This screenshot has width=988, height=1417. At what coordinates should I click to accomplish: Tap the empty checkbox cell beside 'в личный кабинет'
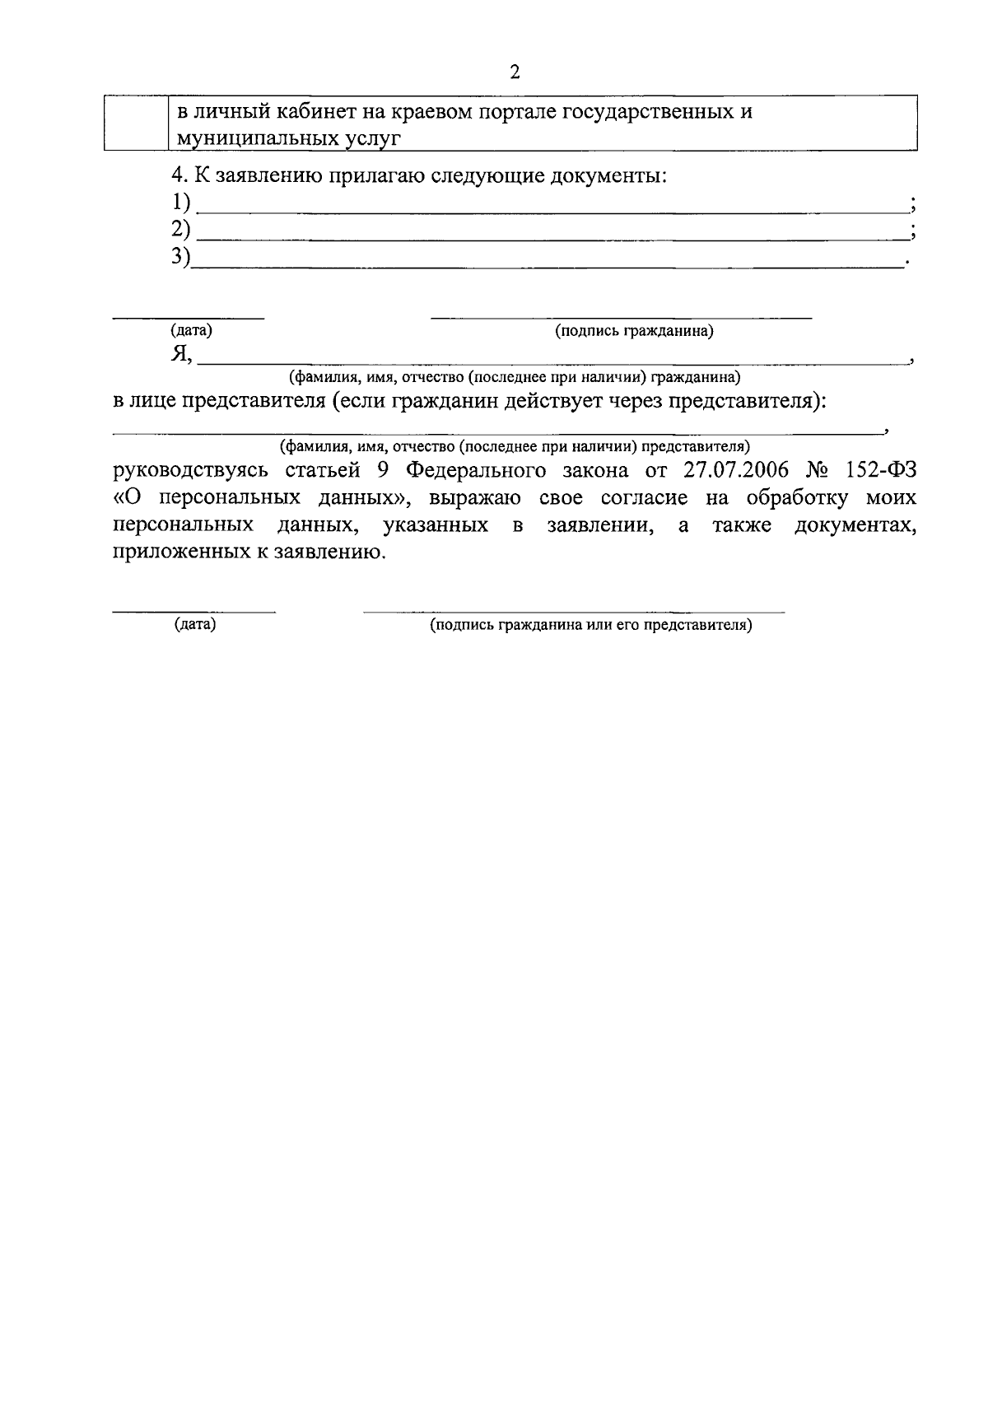tap(136, 124)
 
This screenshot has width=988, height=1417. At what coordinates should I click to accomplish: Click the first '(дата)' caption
tap(191, 331)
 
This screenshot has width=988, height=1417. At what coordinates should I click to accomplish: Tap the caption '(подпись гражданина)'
tap(633, 331)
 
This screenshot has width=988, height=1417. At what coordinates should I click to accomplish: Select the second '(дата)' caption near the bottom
tap(194, 625)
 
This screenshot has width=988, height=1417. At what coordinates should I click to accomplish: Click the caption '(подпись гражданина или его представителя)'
tap(590, 625)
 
